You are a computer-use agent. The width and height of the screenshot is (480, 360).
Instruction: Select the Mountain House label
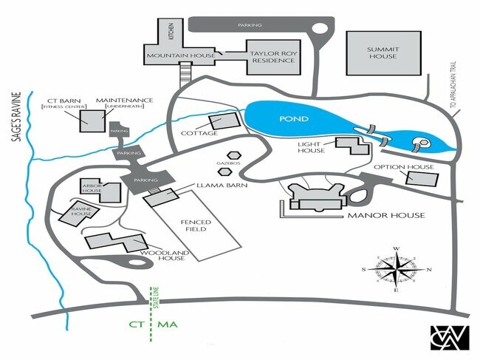(181, 56)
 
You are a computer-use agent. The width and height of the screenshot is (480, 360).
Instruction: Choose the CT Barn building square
(92, 120)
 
